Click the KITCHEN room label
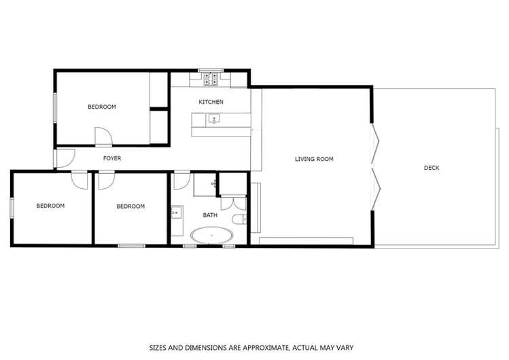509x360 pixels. coord(211,102)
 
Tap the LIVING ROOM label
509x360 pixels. coord(314,159)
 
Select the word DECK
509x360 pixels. coord(432,167)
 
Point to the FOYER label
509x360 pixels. coord(112,158)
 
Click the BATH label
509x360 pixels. coord(210,215)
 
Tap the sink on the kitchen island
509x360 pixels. coord(214,120)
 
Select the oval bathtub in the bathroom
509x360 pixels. coord(211,236)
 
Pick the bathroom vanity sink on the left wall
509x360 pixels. coord(175,212)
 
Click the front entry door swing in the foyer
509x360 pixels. coord(65,158)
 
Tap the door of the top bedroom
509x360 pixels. coord(103,137)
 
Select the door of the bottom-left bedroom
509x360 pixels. coord(80,179)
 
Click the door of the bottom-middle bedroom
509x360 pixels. coord(106,179)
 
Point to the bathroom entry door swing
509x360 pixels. coord(181,181)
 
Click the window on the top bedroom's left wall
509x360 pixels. coord(55,107)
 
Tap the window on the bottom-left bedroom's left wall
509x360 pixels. coord(11,207)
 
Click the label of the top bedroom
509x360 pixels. coord(102,107)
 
